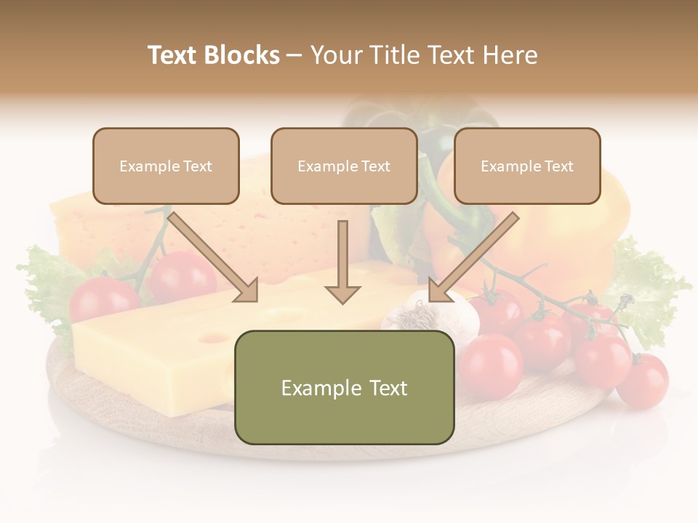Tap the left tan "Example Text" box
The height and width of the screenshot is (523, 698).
(166, 166)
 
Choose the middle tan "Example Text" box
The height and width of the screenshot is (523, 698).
(344, 166)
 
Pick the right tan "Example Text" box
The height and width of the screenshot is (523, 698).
(527, 166)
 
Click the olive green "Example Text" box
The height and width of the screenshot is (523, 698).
(344, 387)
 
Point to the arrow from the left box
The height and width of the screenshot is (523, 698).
(212, 256)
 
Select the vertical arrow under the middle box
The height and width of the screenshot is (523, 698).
(342, 261)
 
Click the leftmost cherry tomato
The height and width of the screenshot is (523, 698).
(102, 298)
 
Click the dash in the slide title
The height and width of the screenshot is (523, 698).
(294, 56)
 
